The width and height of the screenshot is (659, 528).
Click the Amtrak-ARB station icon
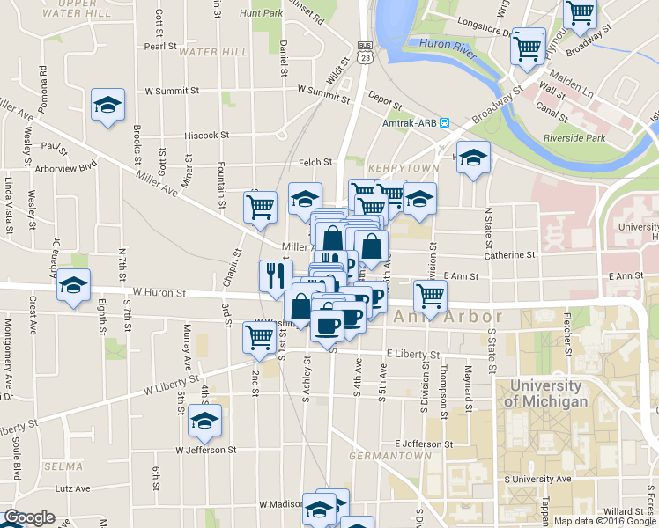click(446, 123)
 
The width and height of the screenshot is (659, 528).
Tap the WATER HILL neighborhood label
click(212, 52)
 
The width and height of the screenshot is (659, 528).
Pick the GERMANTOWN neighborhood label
click(389, 456)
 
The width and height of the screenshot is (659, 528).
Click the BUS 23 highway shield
click(364, 52)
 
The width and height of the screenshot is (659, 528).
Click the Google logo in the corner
click(29, 517)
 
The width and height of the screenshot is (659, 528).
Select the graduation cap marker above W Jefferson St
click(204, 420)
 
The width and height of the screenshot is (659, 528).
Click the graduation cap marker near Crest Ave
click(74, 285)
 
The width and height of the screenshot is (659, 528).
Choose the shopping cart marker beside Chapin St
click(260, 207)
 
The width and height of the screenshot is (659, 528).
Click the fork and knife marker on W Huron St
click(275, 275)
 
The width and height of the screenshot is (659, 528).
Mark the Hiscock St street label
click(207, 136)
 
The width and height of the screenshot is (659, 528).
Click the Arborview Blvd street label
click(65, 165)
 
